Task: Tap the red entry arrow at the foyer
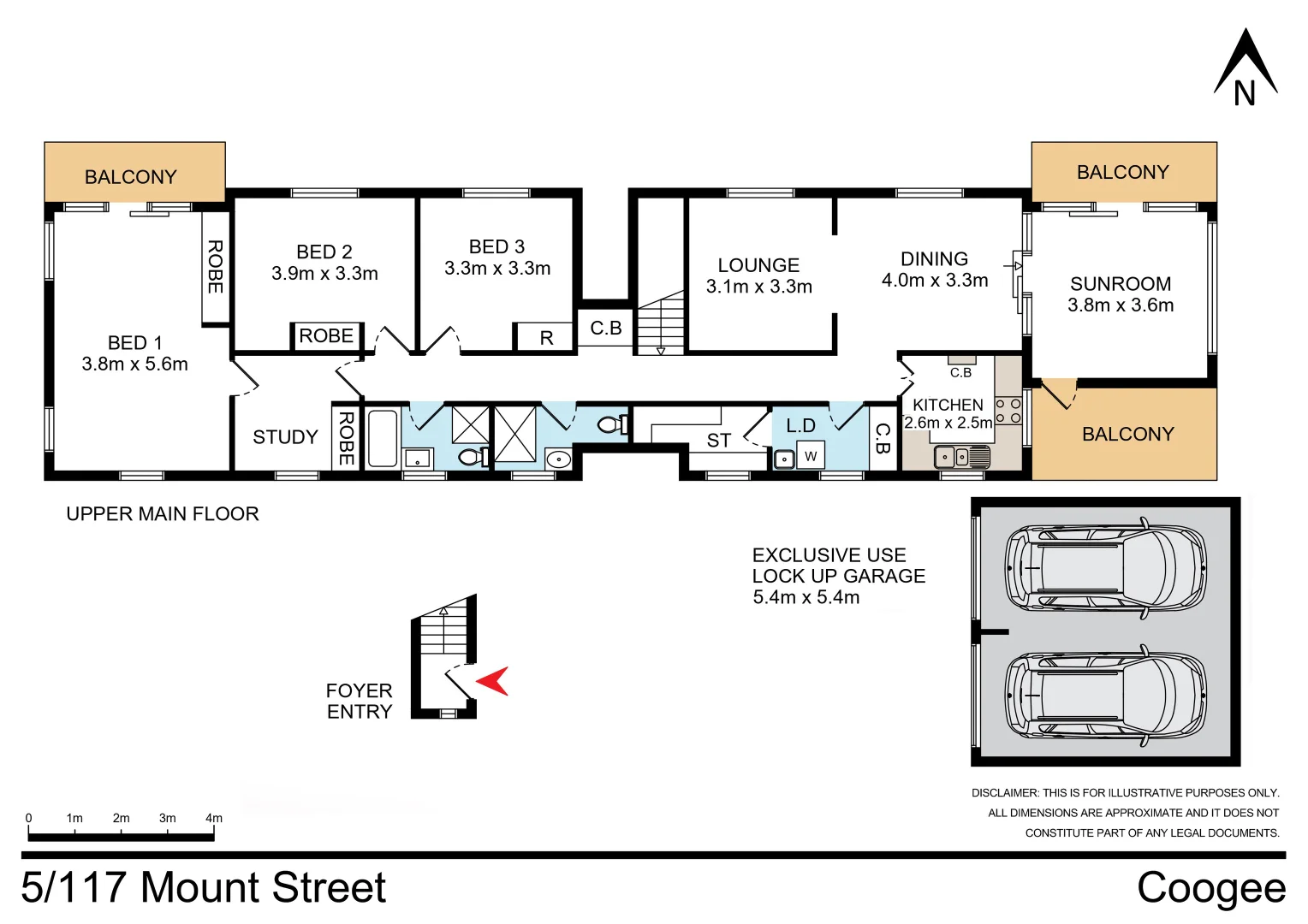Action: pyautogui.click(x=494, y=681)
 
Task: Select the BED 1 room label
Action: pyautogui.click(x=134, y=342)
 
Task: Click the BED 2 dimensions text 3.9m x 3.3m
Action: pyautogui.click(x=324, y=274)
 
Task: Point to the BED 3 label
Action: pyautogui.click(x=496, y=246)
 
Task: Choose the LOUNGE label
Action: pyautogui.click(x=758, y=265)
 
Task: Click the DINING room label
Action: pyautogui.click(x=934, y=258)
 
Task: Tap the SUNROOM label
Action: pyautogui.click(x=1121, y=283)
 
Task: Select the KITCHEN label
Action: pyautogui.click(x=948, y=405)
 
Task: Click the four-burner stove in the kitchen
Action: pyautogui.click(x=1008, y=411)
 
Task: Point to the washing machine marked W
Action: pyautogui.click(x=810, y=456)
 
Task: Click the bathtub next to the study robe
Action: pyautogui.click(x=383, y=438)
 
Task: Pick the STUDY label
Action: pyautogui.click(x=285, y=437)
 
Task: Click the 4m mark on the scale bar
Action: pyautogui.click(x=213, y=819)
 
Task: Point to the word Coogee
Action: pyautogui.click(x=1210, y=887)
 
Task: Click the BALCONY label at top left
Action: pyautogui.click(x=130, y=177)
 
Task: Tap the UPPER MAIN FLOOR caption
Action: pyautogui.click(x=163, y=514)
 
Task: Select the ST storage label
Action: pyautogui.click(x=718, y=441)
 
